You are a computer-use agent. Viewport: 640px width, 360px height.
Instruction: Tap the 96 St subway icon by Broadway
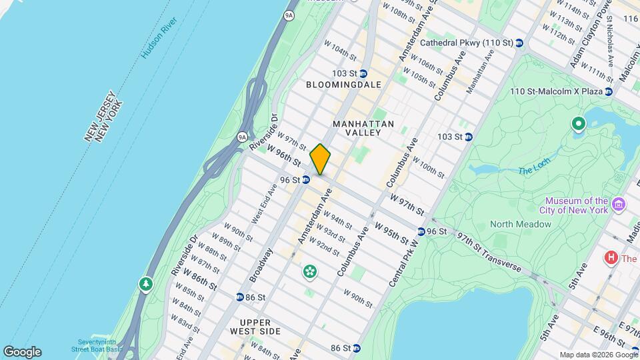tap(305, 179)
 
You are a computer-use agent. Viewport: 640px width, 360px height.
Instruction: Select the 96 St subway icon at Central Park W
tap(422, 231)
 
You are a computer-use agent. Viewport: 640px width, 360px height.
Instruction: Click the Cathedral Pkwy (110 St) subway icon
tap(519, 43)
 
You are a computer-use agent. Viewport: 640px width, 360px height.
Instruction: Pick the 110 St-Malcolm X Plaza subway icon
tap(609, 91)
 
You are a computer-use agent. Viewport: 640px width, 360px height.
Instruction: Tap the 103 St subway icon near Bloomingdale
tap(363, 73)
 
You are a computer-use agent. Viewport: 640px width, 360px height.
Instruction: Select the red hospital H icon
tap(609, 257)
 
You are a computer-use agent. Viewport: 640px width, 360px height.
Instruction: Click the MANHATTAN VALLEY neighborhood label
tap(363, 128)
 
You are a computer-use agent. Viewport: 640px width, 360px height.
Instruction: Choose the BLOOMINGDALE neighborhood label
tap(344, 85)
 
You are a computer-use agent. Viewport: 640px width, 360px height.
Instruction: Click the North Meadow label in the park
tap(521, 224)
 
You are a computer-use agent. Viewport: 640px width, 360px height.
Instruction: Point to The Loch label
tap(534, 169)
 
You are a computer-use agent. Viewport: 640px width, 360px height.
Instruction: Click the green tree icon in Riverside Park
tap(145, 285)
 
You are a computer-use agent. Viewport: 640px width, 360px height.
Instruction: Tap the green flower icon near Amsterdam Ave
tap(309, 271)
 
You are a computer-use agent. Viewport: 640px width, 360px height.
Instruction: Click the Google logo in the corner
tap(22, 351)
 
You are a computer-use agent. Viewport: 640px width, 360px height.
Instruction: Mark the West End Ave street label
tap(263, 203)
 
